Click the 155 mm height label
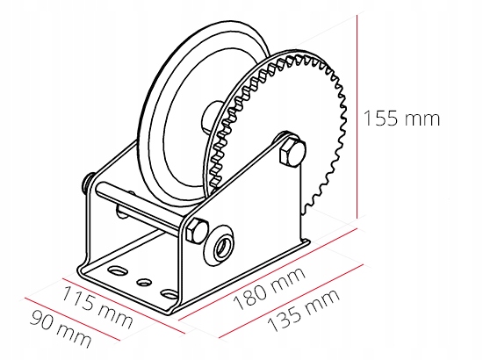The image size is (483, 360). tap(401, 119)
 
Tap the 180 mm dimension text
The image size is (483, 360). tap(270, 289)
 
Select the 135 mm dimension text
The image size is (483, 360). tap(304, 311)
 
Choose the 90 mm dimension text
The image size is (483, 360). tap(61, 328)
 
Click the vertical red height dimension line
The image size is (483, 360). tap(357, 117)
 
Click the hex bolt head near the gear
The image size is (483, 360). tap(292, 153)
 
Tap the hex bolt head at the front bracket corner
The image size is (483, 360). tap(197, 231)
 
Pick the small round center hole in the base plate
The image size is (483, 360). tap(143, 282)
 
